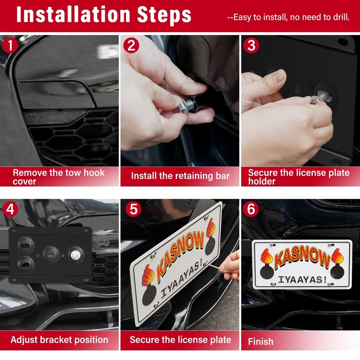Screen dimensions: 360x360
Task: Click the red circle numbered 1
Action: [x=10, y=45]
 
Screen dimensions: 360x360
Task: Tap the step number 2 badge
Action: [x=131, y=45]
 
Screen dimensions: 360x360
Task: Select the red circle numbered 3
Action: [x=251, y=45]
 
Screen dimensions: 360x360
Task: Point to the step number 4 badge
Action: [x=10, y=209]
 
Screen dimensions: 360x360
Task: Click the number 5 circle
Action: [x=133, y=209]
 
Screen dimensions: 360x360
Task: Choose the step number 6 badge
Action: [x=251, y=209]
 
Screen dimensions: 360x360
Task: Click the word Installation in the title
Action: [x=73, y=15]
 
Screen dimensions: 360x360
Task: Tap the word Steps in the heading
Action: [x=164, y=16]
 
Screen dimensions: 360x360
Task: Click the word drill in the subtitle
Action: [x=341, y=17]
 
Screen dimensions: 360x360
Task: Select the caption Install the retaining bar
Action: [x=180, y=176]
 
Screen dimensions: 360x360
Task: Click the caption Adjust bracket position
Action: [x=59, y=340]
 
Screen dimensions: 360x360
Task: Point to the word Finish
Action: [x=261, y=342]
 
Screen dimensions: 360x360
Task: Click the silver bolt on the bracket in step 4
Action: [x=75, y=255]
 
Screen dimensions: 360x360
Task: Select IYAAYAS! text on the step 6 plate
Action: [x=302, y=279]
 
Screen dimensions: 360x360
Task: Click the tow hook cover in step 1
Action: [x=56, y=94]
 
